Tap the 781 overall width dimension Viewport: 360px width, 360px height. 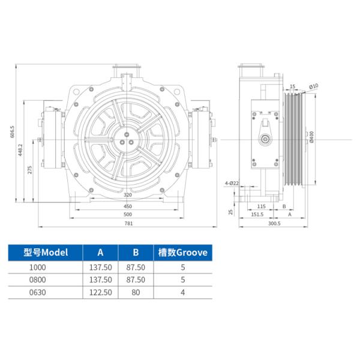(128, 224)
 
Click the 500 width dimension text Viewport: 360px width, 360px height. (128, 214)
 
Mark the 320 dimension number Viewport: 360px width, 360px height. (128, 196)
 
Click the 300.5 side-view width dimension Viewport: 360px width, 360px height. (275, 224)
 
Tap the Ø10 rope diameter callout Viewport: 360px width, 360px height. (314, 87)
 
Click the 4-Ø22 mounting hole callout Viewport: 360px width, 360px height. (232, 182)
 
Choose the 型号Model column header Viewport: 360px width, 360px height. (46, 253)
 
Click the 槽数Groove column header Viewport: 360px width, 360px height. (182, 253)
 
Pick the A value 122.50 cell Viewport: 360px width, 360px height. (100, 293)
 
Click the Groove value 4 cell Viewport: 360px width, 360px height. (182, 293)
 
